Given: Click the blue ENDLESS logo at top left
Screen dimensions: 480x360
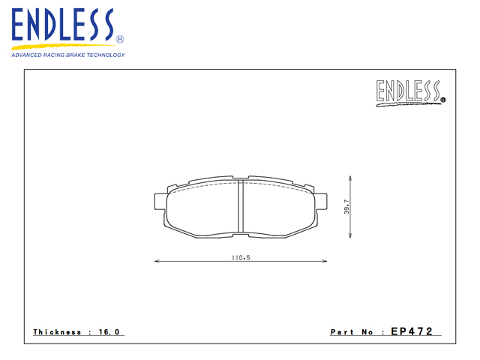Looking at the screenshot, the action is point(63,25).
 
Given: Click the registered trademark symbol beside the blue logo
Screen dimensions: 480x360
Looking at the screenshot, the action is point(120,39).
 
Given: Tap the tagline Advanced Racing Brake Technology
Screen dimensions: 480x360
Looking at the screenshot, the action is point(68,55).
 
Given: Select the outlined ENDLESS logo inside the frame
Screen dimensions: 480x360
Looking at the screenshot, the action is point(410,91).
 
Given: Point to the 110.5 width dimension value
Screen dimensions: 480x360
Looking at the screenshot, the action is point(241,257).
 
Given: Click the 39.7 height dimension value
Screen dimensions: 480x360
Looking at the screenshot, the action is point(346,207).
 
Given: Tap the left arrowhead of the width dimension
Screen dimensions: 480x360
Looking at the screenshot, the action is point(157,261).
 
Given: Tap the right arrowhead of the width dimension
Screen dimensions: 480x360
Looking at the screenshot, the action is point(325,261).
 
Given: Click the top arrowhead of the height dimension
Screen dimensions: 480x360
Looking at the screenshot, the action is point(350,178).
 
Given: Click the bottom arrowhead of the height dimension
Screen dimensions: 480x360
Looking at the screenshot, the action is point(350,235).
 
